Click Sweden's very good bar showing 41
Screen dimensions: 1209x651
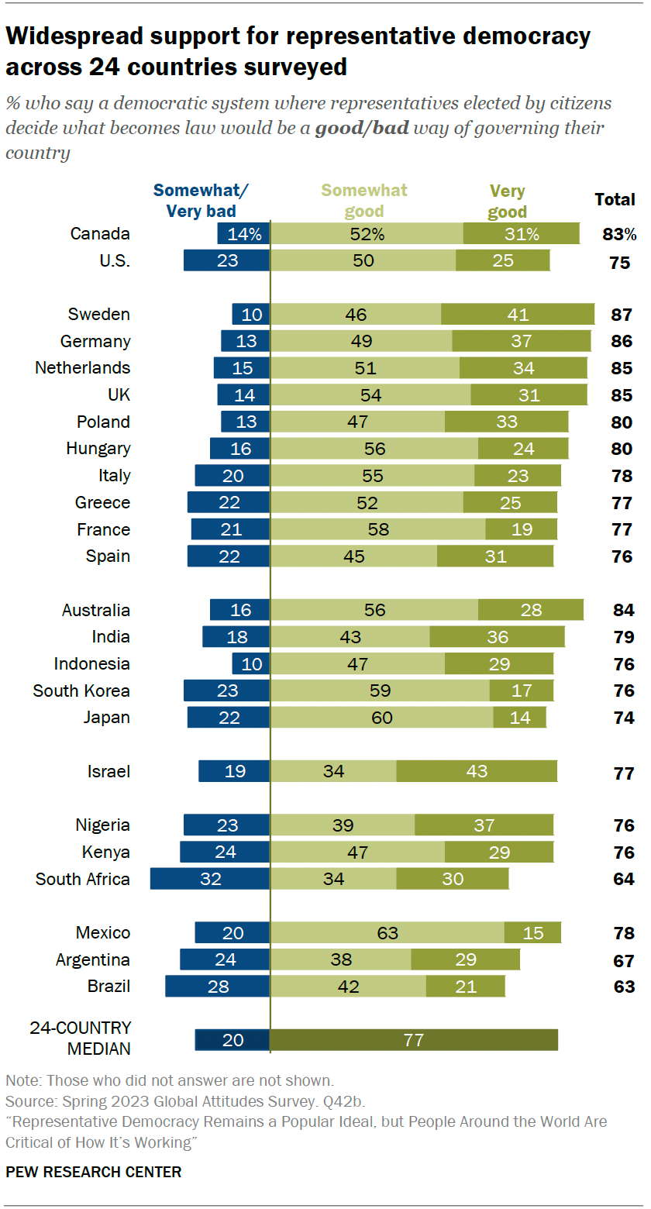[x=518, y=314]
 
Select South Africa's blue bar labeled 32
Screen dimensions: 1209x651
[x=210, y=879]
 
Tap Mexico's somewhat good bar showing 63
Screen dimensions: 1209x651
[x=387, y=933]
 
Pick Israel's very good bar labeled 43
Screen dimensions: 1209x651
[x=477, y=771]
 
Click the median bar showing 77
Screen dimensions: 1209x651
[x=414, y=1040]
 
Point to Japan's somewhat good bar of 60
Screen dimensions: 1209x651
[x=382, y=718]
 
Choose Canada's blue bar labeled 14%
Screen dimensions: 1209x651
[x=244, y=233]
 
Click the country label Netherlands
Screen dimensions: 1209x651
[x=83, y=368]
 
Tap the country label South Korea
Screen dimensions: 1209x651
[x=81, y=691]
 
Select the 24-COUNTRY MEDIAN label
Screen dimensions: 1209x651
[x=81, y=1038]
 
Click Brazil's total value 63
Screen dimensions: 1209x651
[x=622, y=987]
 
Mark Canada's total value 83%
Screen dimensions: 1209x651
[x=618, y=234]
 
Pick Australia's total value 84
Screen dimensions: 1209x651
[x=622, y=610]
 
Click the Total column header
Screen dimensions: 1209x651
[x=615, y=200]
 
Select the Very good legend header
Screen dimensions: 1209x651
[x=507, y=201]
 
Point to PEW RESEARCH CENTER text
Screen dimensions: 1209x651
[x=93, y=1172]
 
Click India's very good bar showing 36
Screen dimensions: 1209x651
[x=497, y=637]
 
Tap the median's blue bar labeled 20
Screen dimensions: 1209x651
[x=232, y=1040]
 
